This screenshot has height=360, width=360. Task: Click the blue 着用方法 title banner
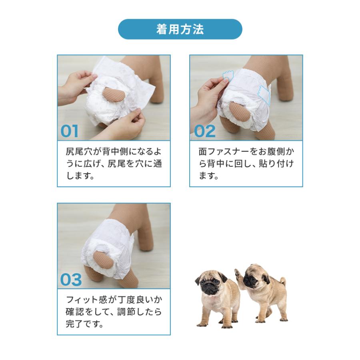[x=180, y=29]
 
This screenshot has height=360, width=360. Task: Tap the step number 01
[x=70, y=131]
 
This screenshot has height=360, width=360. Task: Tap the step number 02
[x=204, y=131]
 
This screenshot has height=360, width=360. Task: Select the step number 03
[x=71, y=280]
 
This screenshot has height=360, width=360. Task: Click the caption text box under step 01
[x=114, y=164]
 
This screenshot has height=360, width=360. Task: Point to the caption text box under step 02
[x=246, y=164]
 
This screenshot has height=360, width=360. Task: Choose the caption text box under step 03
[x=114, y=312]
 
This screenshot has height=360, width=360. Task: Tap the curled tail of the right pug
[x=282, y=281]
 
